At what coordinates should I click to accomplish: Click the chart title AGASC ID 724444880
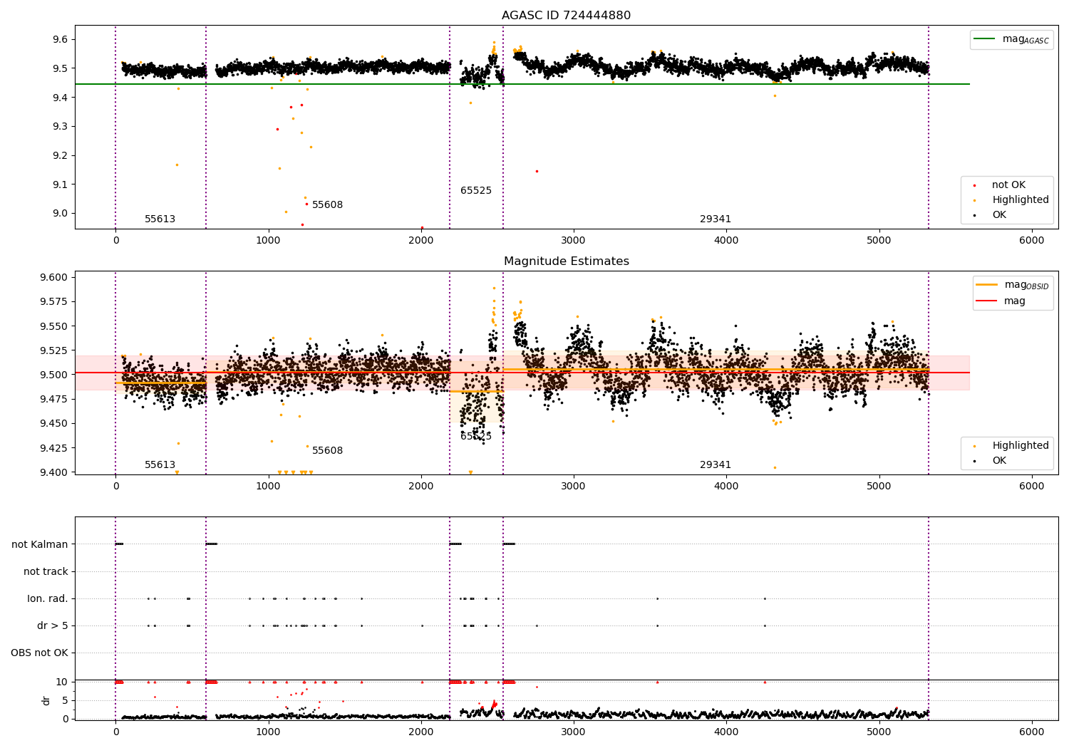(x=566, y=16)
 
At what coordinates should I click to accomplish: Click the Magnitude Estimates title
(x=566, y=261)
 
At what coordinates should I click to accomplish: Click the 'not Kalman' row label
(x=40, y=544)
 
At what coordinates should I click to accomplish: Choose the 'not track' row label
(x=46, y=571)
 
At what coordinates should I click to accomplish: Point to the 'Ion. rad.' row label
(x=48, y=598)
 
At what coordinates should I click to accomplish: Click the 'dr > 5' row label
(x=53, y=625)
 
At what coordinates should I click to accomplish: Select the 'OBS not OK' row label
(x=39, y=653)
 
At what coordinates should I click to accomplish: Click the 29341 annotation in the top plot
(x=715, y=219)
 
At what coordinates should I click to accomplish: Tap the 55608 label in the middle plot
(x=327, y=451)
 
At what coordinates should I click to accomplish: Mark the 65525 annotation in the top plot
(x=475, y=191)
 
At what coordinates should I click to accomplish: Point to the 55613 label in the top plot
(x=160, y=219)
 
